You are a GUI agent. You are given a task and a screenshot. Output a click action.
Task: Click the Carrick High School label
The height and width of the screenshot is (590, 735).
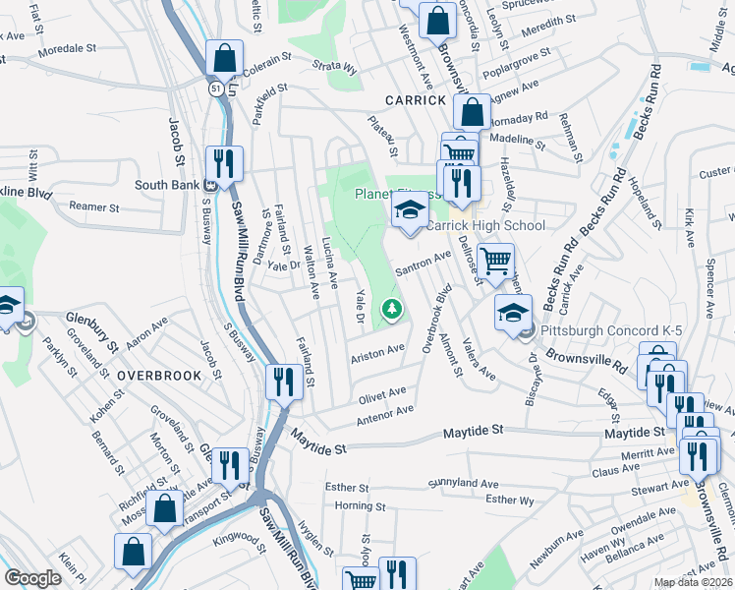(x=484, y=226)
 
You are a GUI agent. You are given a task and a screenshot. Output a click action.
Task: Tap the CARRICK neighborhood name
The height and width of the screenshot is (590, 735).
(x=416, y=100)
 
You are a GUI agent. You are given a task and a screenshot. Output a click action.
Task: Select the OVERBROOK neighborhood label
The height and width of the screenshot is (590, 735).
(x=159, y=376)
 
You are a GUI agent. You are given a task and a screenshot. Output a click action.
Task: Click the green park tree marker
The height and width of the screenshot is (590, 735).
(x=393, y=311)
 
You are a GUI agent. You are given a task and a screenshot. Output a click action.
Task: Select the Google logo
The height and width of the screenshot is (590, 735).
(x=32, y=578)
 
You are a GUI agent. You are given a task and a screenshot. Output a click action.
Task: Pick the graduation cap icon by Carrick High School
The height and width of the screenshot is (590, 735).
(x=411, y=209)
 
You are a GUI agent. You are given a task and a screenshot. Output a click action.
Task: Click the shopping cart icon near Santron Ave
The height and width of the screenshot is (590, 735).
(x=496, y=261)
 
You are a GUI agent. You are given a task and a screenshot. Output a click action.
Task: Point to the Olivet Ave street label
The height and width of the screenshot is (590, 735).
(x=382, y=394)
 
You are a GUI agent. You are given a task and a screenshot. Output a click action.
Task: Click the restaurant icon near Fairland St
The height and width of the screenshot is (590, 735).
(x=285, y=382)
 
